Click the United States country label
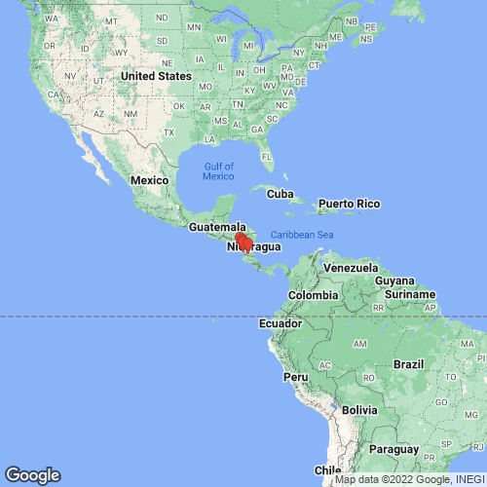tap(157, 76)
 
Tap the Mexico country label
tap(151, 181)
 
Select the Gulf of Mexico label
tap(218, 170)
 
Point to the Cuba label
tap(281, 194)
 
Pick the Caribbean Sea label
tap(302, 235)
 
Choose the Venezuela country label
tap(350, 268)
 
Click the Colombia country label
tap(313, 295)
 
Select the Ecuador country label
tap(281, 323)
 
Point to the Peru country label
tap(295, 376)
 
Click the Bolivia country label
tap(360, 410)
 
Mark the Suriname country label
tap(408, 292)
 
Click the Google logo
tap(32, 475)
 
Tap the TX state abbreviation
tap(169, 132)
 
